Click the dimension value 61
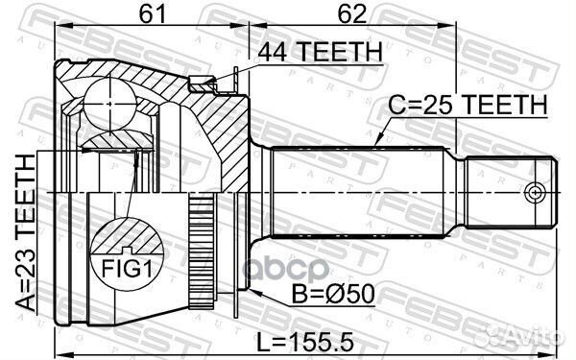coord(153,14)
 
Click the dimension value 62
coord(352,14)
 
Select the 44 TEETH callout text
coord(320,52)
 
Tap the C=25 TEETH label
coord(468,105)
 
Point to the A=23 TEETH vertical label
coord(26,232)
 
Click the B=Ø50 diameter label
coord(333,294)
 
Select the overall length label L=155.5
coord(304,342)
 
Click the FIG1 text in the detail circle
coord(127,269)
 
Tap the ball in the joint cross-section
coord(109,104)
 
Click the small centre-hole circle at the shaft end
coord(534,192)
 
